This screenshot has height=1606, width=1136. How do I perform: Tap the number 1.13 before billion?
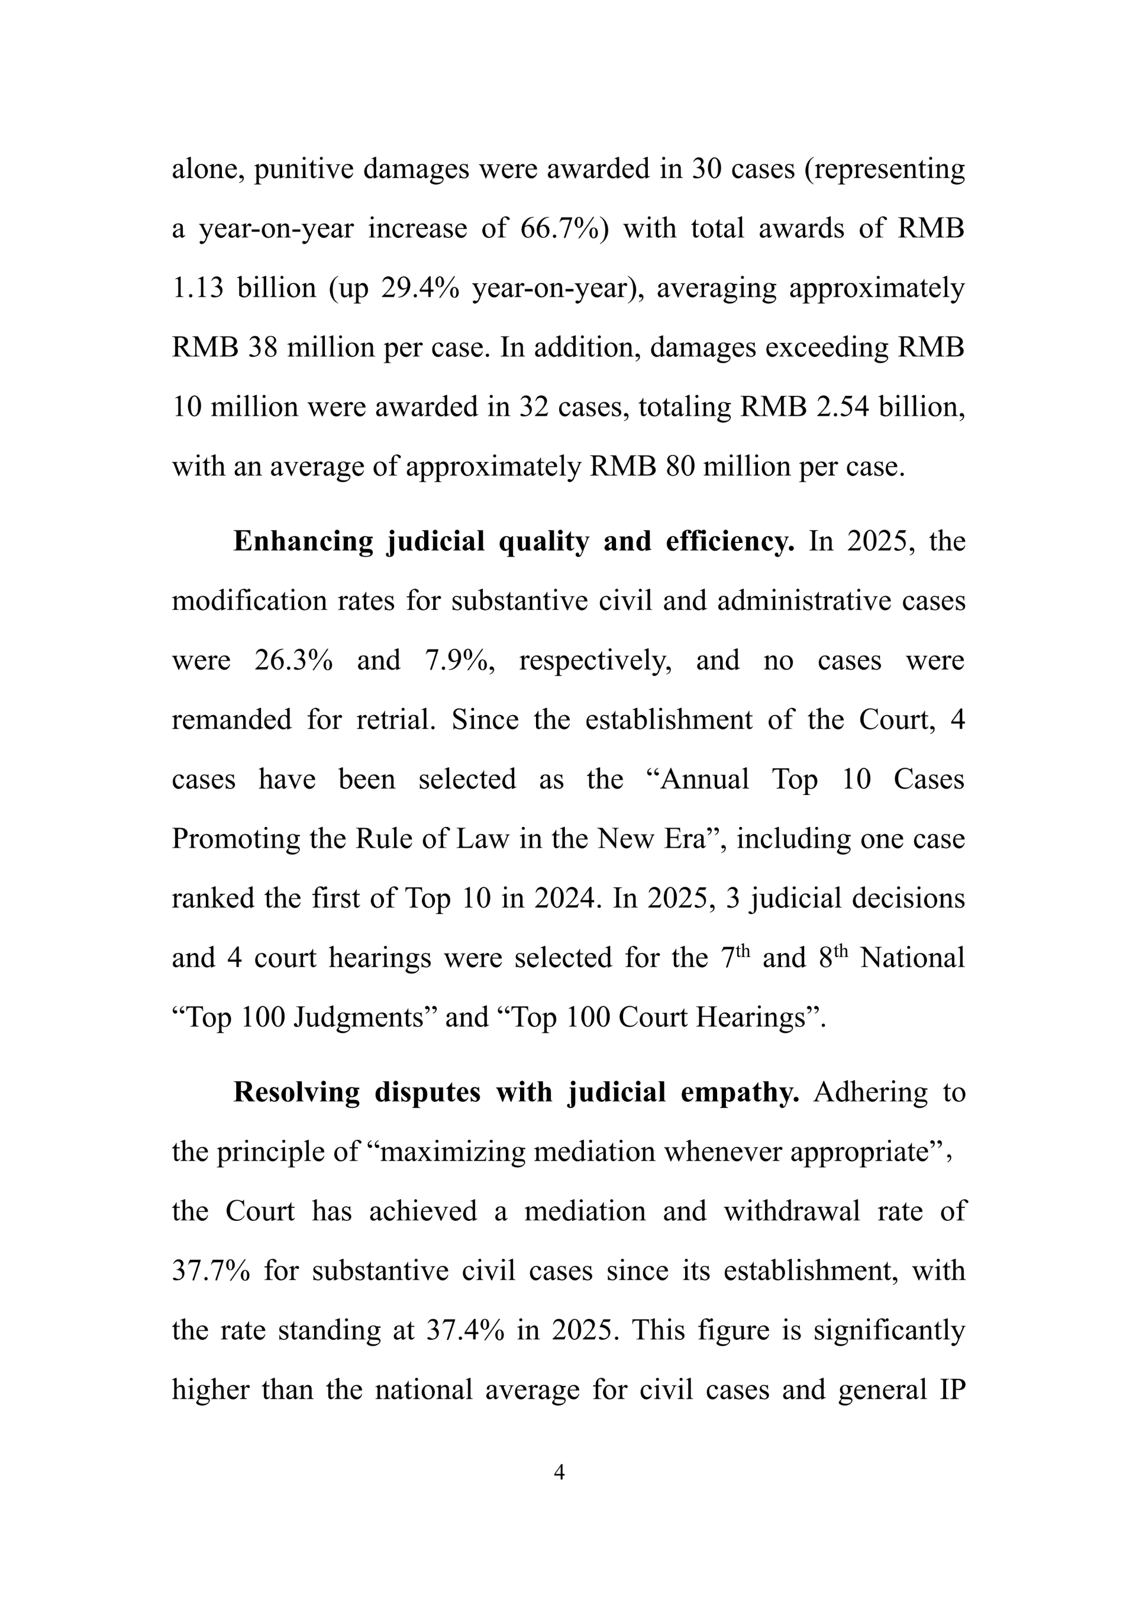[198, 289]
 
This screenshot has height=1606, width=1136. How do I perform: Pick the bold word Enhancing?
[303, 542]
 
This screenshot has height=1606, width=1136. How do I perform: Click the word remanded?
[231, 720]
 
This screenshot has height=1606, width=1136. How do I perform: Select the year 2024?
[568, 899]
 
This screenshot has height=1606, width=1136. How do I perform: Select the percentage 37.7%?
[211, 1271]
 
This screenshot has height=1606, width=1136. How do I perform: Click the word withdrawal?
[792, 1211]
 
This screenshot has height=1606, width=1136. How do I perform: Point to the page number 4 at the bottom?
[559, 1472]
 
